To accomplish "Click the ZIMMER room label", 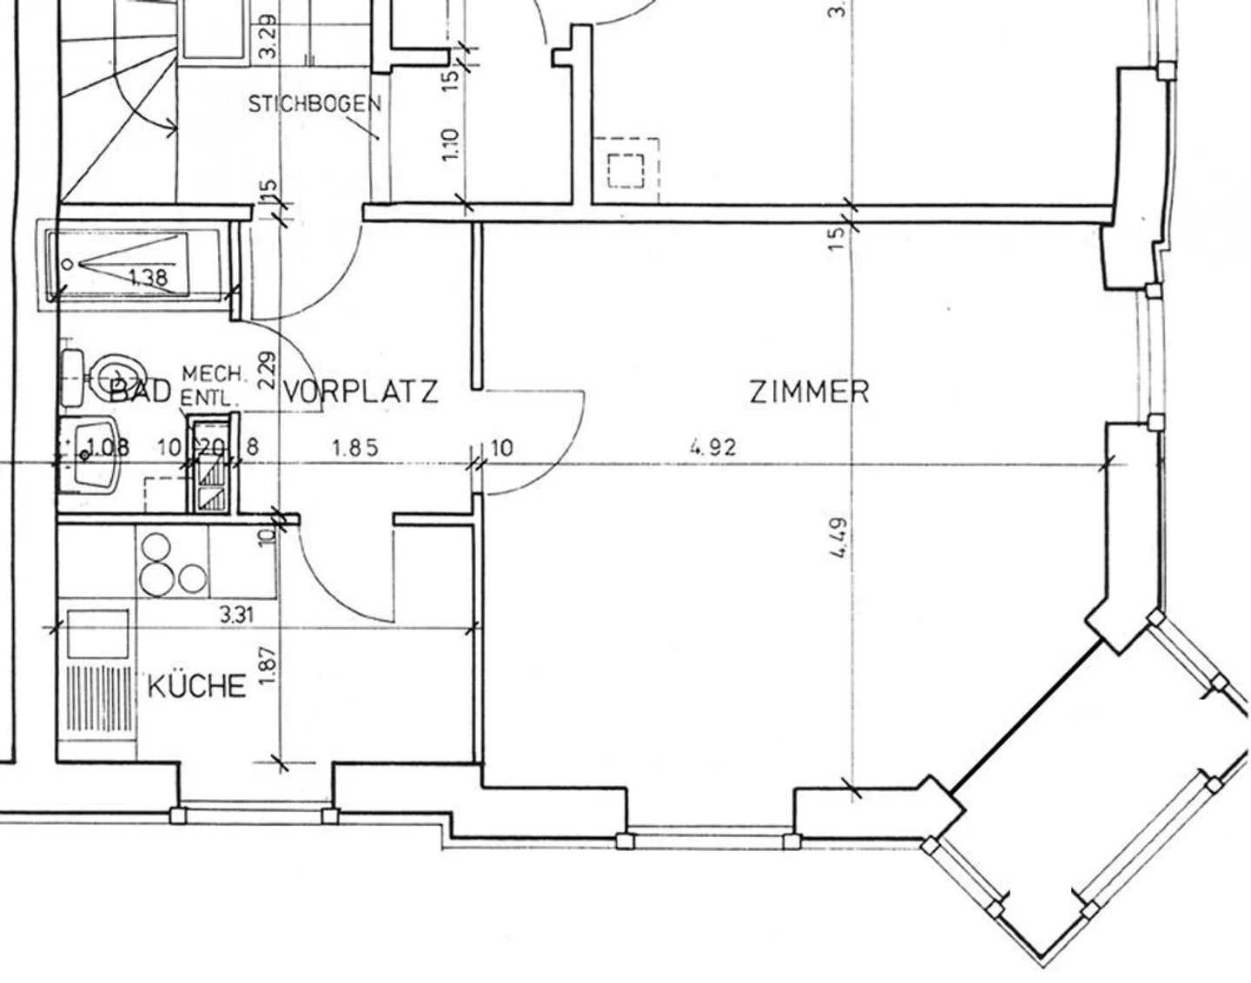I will (x=809, y=392).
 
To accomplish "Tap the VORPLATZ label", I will (x=361, y=392).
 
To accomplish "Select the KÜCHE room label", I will (x=196, y=686).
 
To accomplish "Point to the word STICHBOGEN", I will (x=314, y=104).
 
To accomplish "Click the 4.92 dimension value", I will (x=712, y=447).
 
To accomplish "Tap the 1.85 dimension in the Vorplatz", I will (x=355, y=448).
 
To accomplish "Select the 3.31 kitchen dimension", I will (x=236, y=616).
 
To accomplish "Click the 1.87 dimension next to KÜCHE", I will (x=267, y=664).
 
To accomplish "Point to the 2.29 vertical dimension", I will (x=267, y=369).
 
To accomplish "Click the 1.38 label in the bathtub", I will (x=147, y=278).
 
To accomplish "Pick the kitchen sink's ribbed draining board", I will (x=98, y=702).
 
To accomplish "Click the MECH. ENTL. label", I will (x=213, y=387).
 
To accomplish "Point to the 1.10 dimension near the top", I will (x=450, y=144).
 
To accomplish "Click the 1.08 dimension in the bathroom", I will (x=108, y=448).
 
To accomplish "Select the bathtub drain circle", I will (x=66, y=265).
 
